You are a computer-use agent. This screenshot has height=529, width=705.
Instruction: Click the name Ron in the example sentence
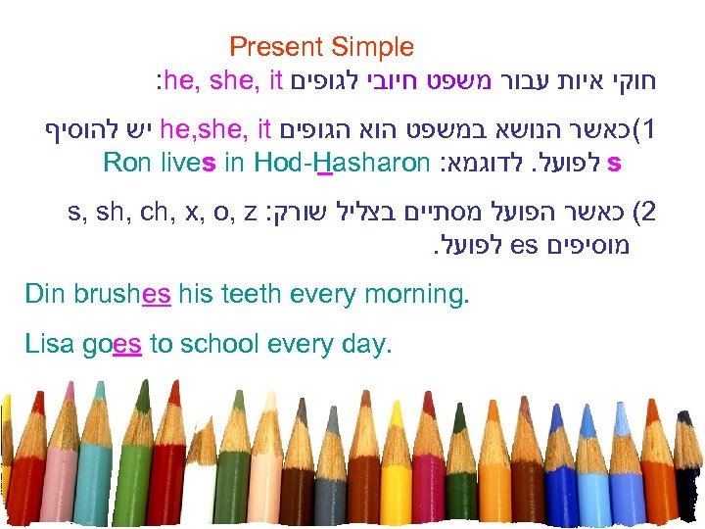point(125,162)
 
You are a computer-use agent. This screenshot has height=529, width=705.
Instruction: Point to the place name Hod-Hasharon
point(342,162)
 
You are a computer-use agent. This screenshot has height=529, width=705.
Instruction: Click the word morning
point(420,294)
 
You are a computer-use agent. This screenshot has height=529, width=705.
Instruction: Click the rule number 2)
point(645,212)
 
